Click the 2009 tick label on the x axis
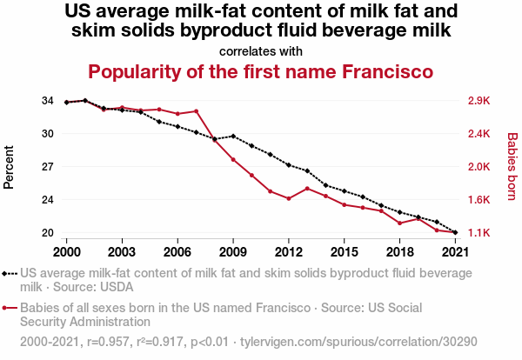233,251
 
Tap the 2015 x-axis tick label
344,251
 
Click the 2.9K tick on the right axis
478,101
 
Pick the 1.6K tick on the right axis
478,200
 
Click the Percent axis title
10,167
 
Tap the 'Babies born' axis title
512,167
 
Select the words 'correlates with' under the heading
261,50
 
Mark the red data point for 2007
197,111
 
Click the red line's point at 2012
289,198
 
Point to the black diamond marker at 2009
233,136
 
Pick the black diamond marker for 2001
85,101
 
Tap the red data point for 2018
399,223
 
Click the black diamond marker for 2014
325,185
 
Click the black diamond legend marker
6,273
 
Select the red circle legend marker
6,308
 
